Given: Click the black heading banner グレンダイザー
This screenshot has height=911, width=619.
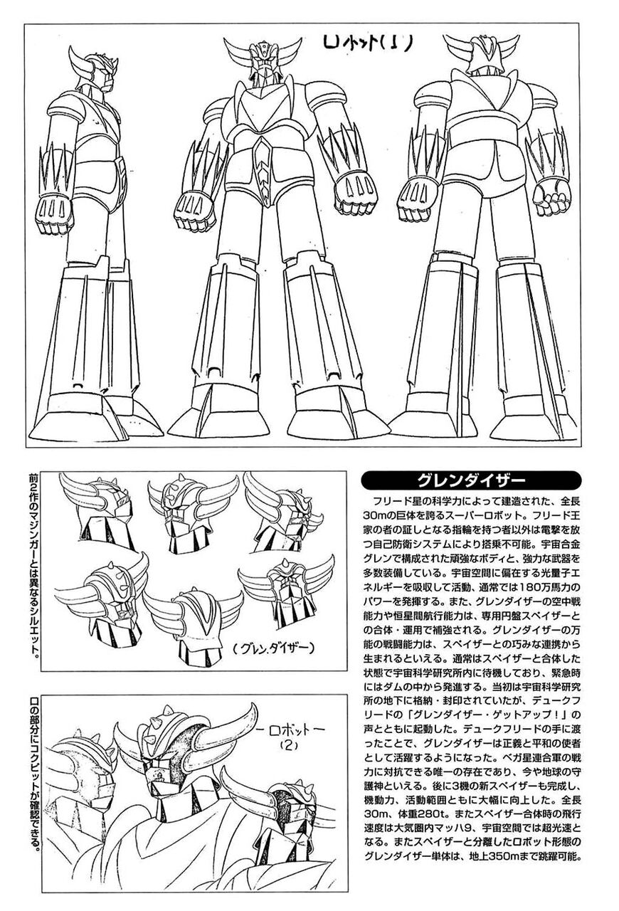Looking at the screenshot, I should coord(472,478).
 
